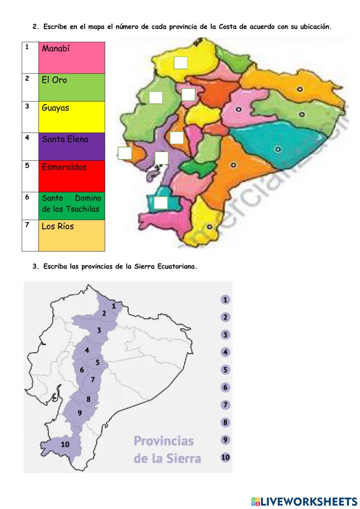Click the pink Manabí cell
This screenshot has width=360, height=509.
click(x=72, y=58)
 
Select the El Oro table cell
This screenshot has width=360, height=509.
click(x=72, y=87)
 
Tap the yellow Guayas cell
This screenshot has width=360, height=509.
click(x=72, y=117)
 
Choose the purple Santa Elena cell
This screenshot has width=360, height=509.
click(x=72, y=146)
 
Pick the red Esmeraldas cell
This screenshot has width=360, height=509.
click(x=72, y=176)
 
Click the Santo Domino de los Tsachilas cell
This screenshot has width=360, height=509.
click(x=72, y=205)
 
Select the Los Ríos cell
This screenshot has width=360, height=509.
click(x=72, y=235)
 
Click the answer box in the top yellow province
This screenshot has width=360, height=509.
click(x=180, y=63)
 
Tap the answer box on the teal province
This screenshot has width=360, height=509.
click(x=161, y=202)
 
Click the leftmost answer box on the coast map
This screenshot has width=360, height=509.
click(x=125, y=153)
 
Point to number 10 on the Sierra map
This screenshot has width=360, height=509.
click(x=65, y=445)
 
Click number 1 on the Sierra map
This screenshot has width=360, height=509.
click(x=114, y=306)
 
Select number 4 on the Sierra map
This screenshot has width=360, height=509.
click(x=87, y=350)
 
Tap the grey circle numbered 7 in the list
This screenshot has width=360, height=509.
click(x=225, y=405)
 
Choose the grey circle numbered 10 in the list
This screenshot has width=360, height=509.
click(x=225, y=457)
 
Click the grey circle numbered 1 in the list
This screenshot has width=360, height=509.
click(x=225, y=300)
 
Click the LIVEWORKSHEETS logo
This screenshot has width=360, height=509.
click(x=304, y=501)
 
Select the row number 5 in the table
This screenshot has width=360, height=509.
click(x=27, y=166)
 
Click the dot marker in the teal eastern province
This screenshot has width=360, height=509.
click(x=278, y=149)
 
